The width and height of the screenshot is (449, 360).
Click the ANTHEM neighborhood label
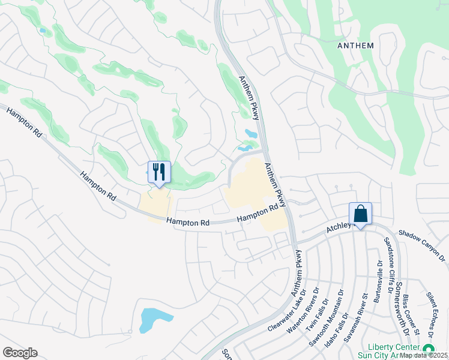click(x=356, y=46)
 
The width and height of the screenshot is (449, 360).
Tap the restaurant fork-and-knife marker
click(x=159, y=173)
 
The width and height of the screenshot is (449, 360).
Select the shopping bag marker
click(x=360, y=214)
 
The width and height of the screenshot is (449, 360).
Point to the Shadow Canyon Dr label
click(x=421, y=246)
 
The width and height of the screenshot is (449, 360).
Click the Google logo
click(x=20, y=353)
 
